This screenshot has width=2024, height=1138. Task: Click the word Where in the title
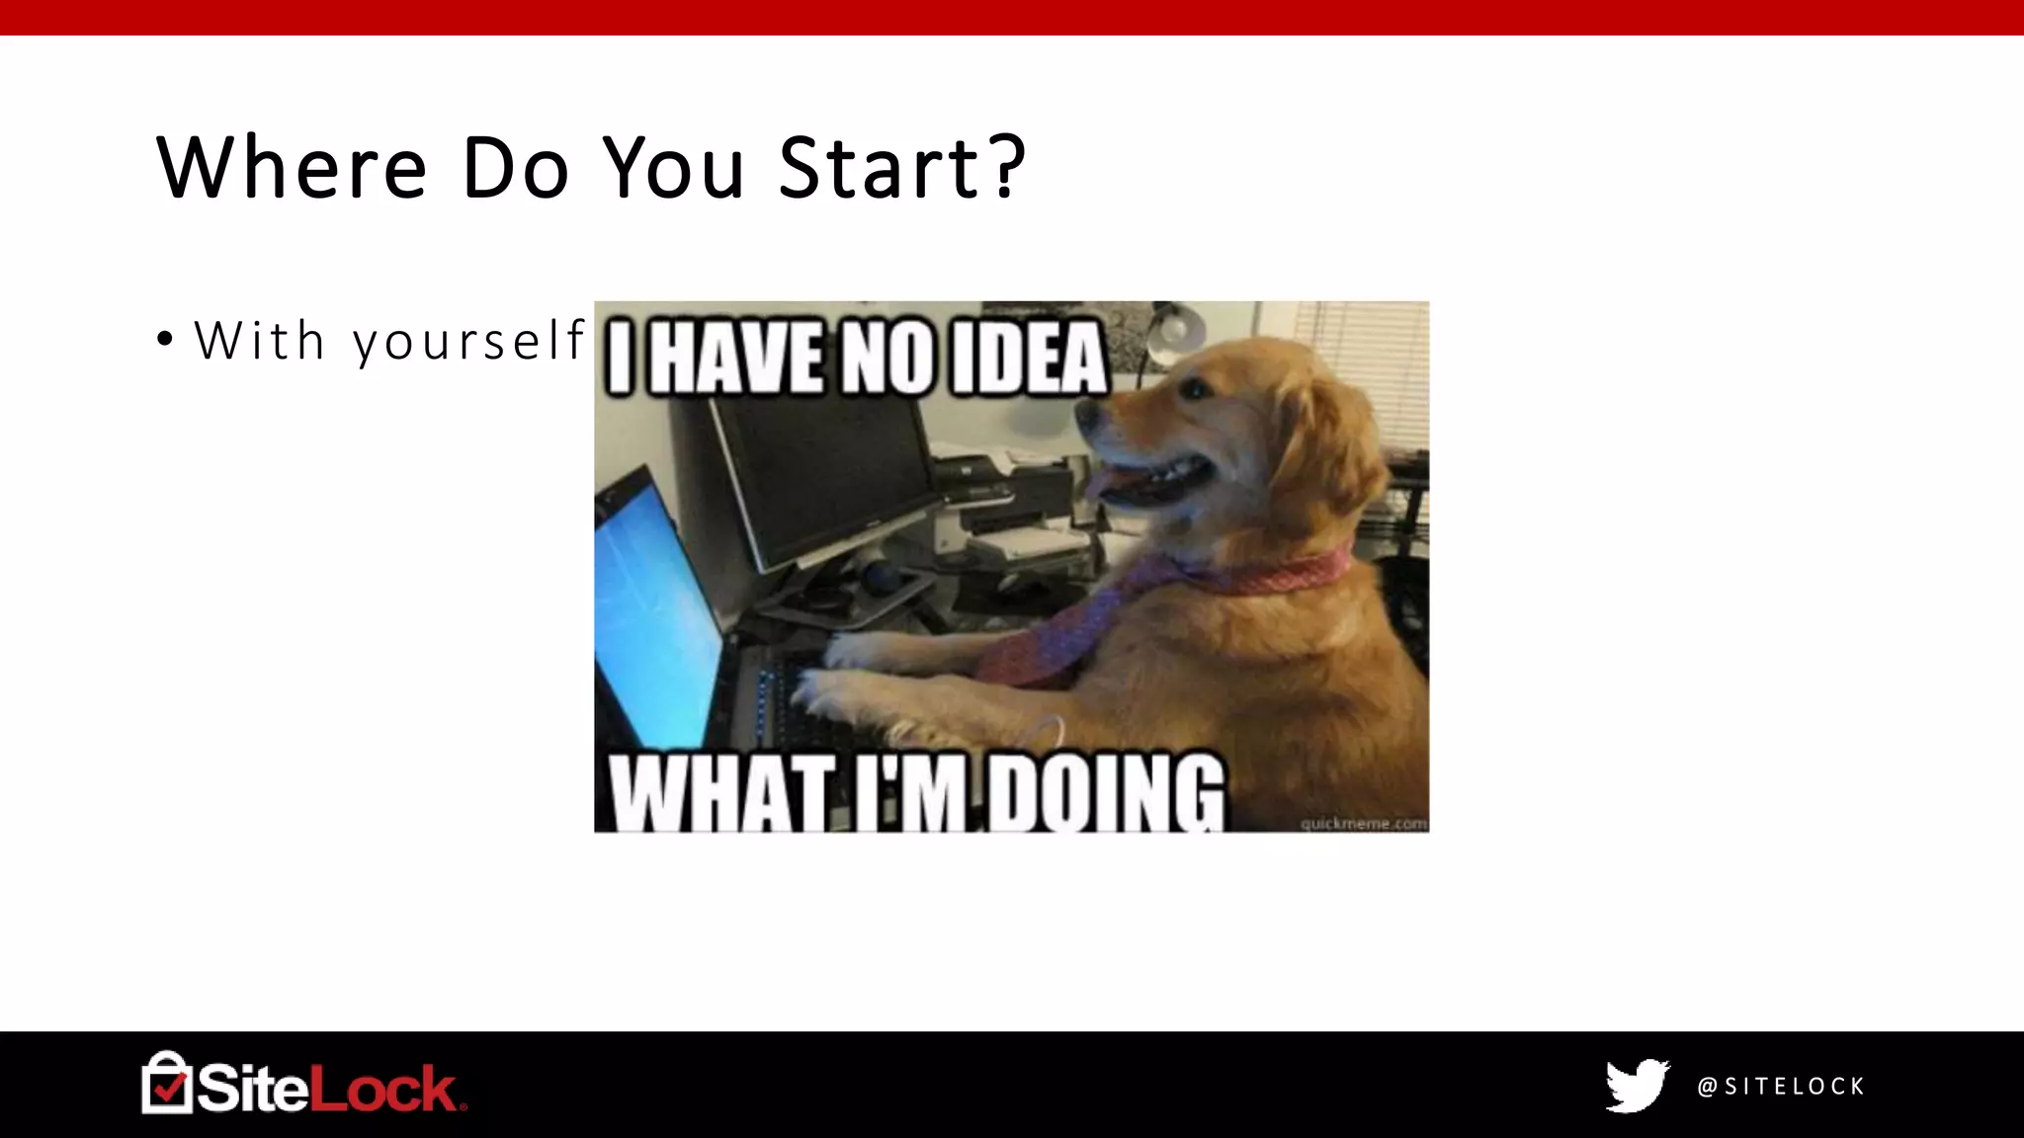(x=292, y=167)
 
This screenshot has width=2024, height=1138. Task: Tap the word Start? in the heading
(x=902, y=167)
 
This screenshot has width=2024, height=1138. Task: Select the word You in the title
(x=673, y=167)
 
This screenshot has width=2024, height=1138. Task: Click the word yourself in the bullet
(x=469, y=342)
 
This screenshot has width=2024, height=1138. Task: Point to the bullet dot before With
(x=165, y=340)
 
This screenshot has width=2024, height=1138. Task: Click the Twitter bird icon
(x=1637, y=1086)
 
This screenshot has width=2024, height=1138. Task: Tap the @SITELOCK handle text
(x=1781, y=1087)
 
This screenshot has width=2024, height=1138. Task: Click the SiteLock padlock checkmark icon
(x=166, y=1084)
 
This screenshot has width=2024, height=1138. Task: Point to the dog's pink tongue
(x=1100, y=483)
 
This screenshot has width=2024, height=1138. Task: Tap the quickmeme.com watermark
(x=1363, y=823)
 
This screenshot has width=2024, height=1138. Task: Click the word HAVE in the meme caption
(x=738, y=358)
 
